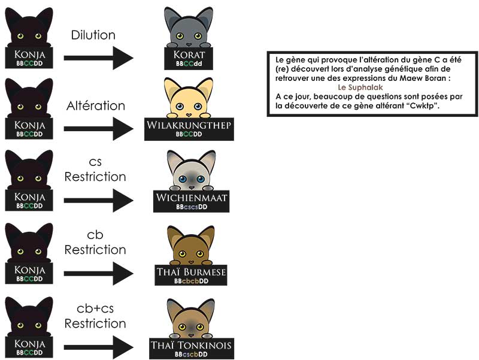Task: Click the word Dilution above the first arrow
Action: pyautogui.click(x=93, y=35)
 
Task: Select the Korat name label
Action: pyautogui.click(x=189, y=55)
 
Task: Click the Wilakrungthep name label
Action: pyautogui.click(x=189, y=125)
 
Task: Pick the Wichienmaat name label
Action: pyautogui.click(x=189, y=198)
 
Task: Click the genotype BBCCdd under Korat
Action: pyautogui.click(x=189, y=63)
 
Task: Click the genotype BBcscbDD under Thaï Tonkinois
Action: pyautogui.click(x=191, y=355)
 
